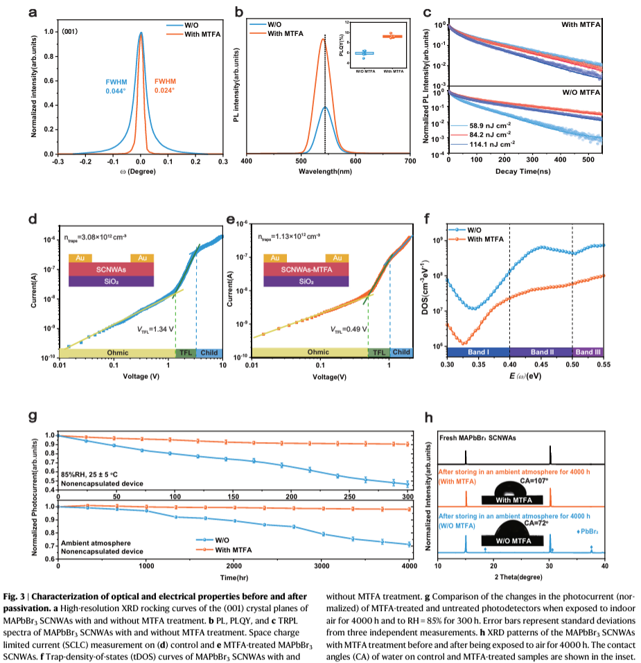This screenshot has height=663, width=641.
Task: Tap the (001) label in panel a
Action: tap(70, 32)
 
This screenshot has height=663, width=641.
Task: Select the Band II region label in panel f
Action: tap(541, 352)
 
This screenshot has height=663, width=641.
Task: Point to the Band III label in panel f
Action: tap(588, 352)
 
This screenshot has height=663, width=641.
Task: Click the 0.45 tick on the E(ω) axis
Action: tap(541, 363)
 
